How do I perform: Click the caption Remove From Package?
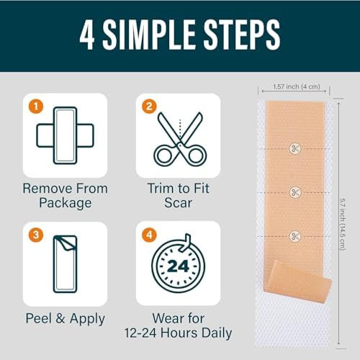pos(65,195)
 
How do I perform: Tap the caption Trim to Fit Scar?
pos(178,195)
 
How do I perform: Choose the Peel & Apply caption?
pos(64,318)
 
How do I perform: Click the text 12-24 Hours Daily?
pos(178,333)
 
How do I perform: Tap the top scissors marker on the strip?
pos(294,148)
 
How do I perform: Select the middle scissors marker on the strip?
pos(294,192)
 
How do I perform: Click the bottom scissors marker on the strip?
pos(294,235)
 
